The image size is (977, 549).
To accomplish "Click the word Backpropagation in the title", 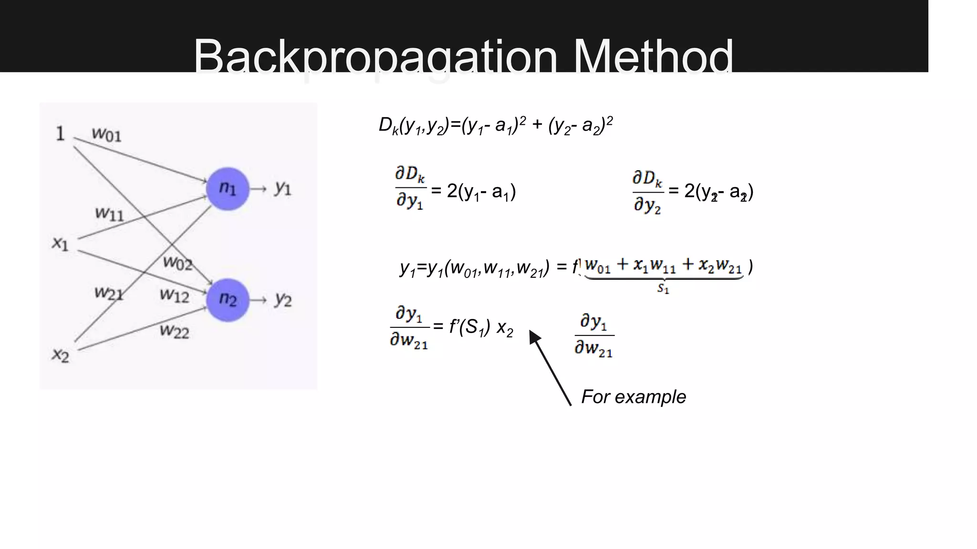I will [x=375, y=57].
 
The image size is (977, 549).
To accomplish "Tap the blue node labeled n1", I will [x=228, y=189].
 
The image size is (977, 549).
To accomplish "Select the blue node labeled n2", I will [x=228, y=300].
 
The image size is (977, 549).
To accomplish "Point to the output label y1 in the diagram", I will [x=283, y=189].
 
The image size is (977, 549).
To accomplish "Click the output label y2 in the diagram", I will [x=283, y=300].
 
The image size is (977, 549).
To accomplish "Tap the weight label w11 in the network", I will [x=109, y=213].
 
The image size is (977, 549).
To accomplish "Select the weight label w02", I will [x=177, y=263].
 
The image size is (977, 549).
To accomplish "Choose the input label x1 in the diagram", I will [x=60, y=244].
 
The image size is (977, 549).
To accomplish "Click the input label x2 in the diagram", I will [x=61, y=355].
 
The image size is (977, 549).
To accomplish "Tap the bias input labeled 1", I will [x=60, y=133].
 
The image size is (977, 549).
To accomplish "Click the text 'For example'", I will [x=634, y=396].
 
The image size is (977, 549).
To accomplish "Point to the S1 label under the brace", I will [x=663, y=288].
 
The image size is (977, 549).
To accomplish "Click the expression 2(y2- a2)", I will [x=718, y=192].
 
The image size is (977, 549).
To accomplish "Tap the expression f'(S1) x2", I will [x=481, y=327].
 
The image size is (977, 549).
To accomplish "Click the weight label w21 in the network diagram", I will [x=109, y=293].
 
